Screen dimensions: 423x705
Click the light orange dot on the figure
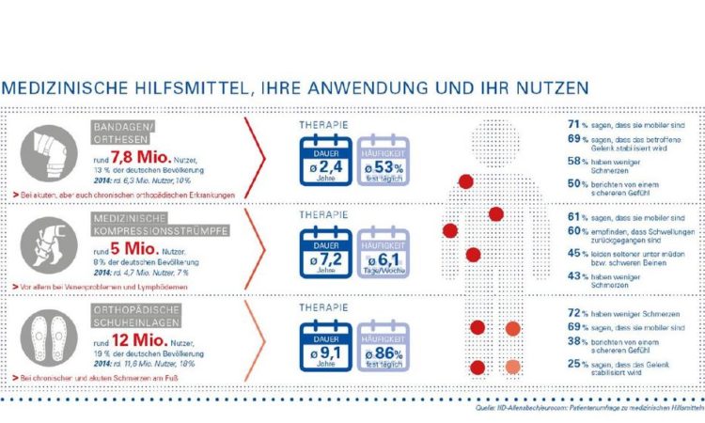pos(511,366)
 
